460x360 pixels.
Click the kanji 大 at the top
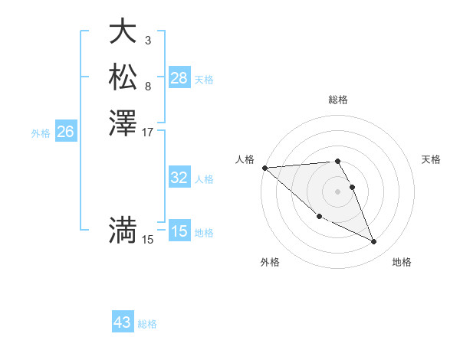(x=123, y=31)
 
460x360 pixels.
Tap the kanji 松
(x=123, y=77)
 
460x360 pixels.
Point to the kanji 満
(x=123, y=230)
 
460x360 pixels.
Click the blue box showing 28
(x=179, y=78)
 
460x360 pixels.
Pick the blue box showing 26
(x=65, y=132)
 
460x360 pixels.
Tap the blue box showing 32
(x=179, y=178)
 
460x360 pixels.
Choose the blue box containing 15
(x=179, y=231)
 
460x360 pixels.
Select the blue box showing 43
(x=123, y=322)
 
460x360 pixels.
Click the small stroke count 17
(x=149, y=133)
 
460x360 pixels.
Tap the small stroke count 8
(x=147, y=86)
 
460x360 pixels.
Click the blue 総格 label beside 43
(x=147, y=324)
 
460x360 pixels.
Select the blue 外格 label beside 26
(x=41, y=133)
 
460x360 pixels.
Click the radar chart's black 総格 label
(x=338, y=100)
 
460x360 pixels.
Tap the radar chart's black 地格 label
(x=402, y=262)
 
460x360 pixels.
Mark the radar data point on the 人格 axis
(x=264, y=168)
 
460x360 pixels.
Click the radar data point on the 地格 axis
(x=374, y=242)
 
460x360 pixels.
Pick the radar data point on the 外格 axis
(x=319, y=217)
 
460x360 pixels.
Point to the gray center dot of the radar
(x=338, y=191)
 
